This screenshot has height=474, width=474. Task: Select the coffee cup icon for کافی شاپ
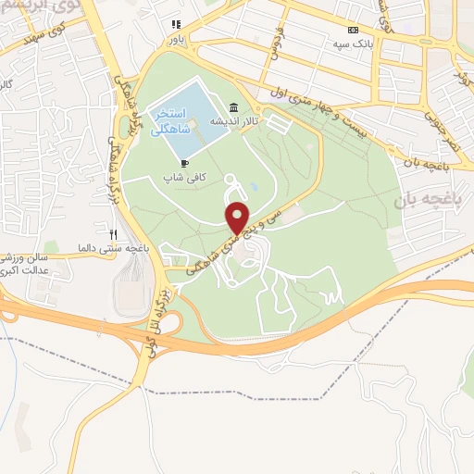coord(185,162)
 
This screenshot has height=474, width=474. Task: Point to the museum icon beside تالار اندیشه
coord(232,108)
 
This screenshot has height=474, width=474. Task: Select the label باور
coord(176,40)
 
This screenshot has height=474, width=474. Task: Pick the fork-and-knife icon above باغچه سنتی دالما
coord(113,234)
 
